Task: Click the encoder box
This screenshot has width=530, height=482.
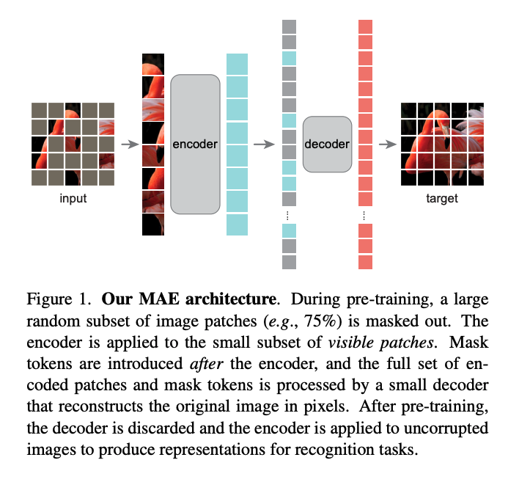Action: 195,145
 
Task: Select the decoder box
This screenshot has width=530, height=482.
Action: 327,145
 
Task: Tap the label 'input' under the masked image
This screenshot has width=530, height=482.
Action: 73,199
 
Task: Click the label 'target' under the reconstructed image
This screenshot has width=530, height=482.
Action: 442,199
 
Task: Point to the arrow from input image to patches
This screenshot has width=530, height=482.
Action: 129,145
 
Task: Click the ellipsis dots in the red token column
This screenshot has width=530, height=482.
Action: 365,216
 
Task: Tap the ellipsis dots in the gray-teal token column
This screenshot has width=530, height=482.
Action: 288,216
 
